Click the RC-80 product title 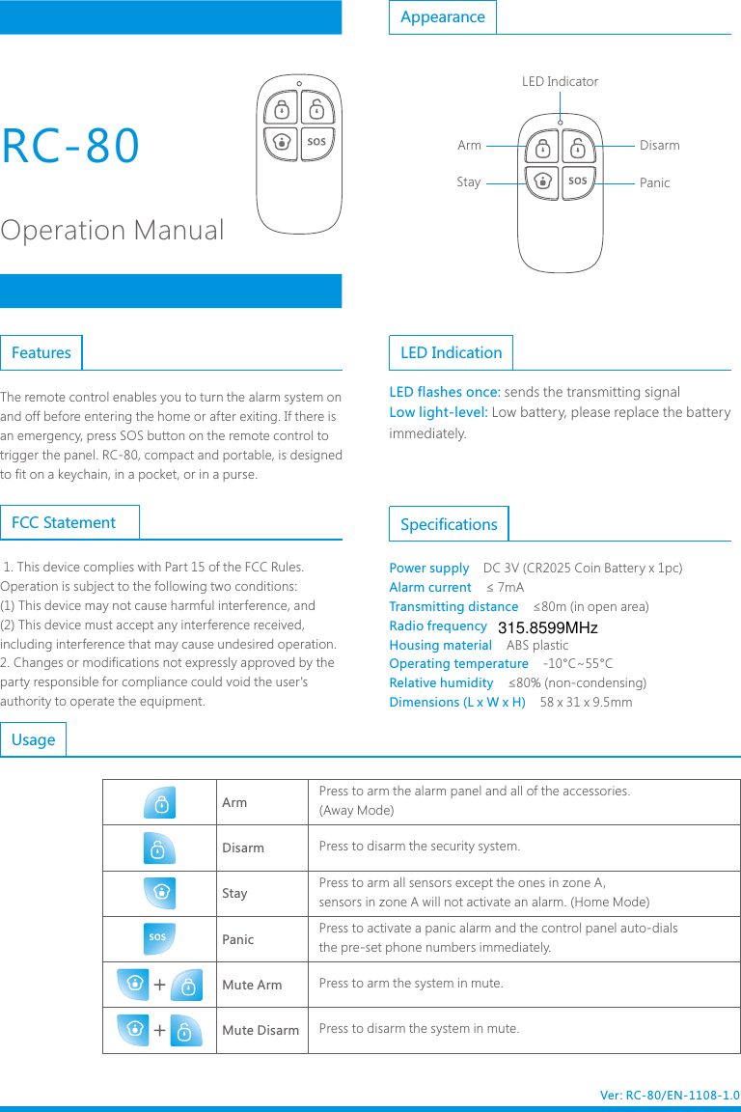tap(71, 146)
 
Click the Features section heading tap(41, 353)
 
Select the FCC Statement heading tap(64, 523)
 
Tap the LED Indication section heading tap(451, 353)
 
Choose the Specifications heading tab tap(449, 524)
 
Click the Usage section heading tap(34, 740)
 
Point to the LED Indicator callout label tap(560, 82)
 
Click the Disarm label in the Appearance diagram tap(659, 146)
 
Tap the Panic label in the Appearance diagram tap(654, 182)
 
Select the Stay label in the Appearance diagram tap(468, 181)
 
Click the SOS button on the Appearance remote tap(577, 181)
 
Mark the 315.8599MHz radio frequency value tap(547, 628)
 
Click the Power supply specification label tap(428, 569)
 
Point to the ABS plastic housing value tap(537, 645)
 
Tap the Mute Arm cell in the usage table tap(252, 985)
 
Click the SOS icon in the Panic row tap(159, 938)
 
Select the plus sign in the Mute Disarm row tap(159, 1030)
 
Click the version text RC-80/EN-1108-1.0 tap(670, 1096)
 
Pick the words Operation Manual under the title tap(112, 231)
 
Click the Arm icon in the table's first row tap(159, 802)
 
